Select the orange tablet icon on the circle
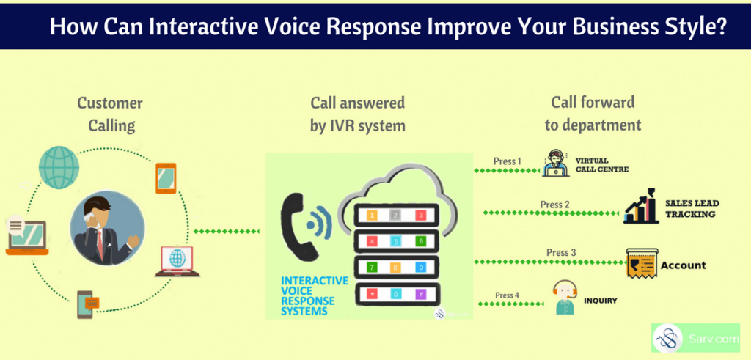166,178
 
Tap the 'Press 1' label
507,161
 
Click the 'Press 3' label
562,253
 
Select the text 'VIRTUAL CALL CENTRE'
602,164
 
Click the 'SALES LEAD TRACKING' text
689,209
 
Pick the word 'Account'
684,265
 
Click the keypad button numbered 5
396,240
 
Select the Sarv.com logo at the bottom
695,339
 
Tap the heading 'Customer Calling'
111,114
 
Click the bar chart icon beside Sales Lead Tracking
641,207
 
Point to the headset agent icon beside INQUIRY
565,298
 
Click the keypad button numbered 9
420,267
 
